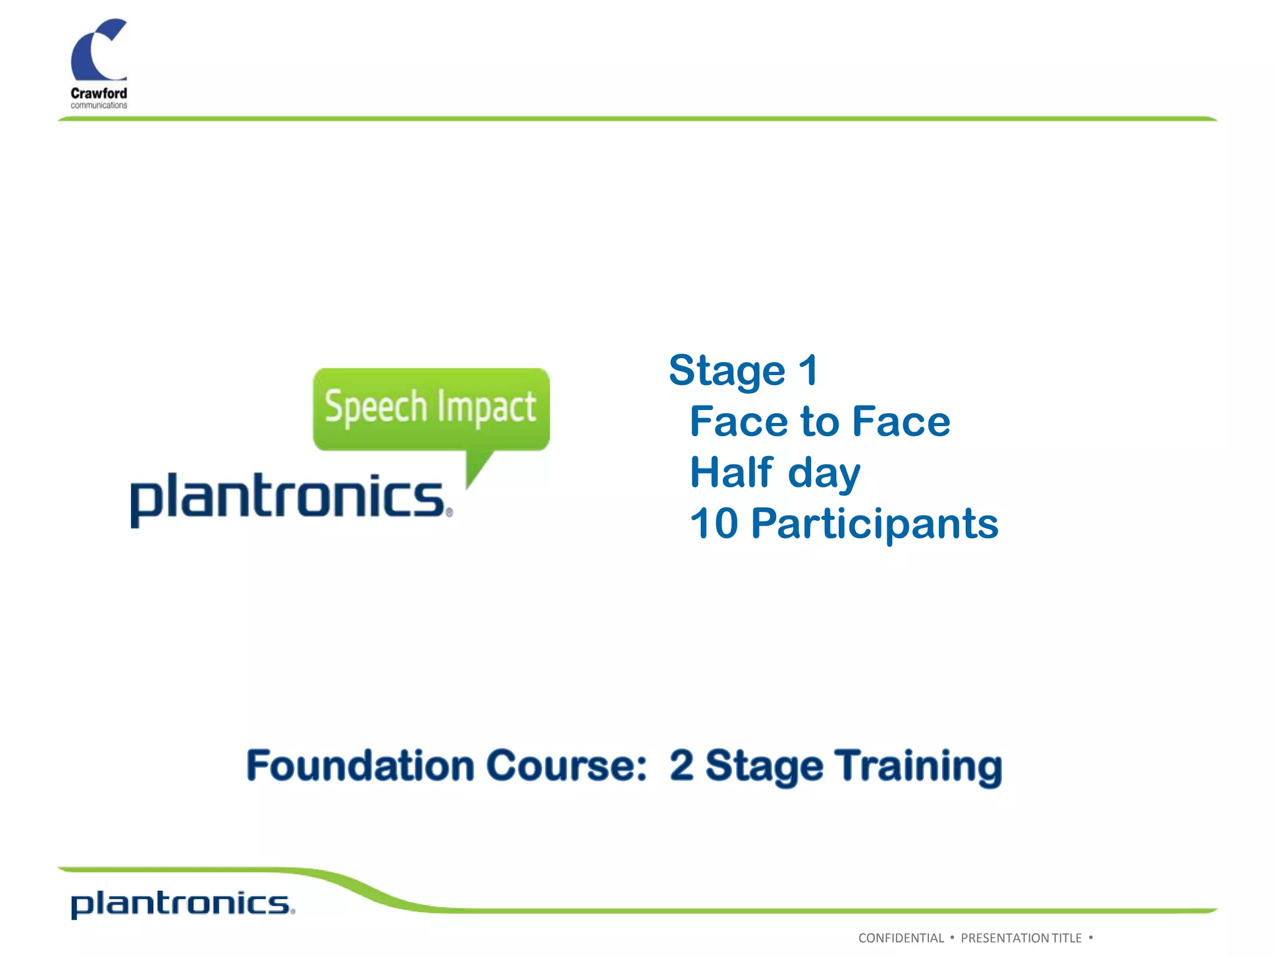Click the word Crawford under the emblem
click(98, 93)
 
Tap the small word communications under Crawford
click(98, 105)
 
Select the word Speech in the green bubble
click(375, 407)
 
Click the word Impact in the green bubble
click(486, 407)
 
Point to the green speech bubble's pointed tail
click(477, 470)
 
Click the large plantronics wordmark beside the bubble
click(288, 498)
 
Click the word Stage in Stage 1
click(726, 371)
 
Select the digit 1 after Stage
click(807, 370)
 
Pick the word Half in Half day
click(731, 472)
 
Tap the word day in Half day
click(824, 474)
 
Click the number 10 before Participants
click(714, 523)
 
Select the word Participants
click(875, 525)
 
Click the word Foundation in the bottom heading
click(360, 765)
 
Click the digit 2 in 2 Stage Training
click(682, 765)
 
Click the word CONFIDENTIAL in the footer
click(901, 938)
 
